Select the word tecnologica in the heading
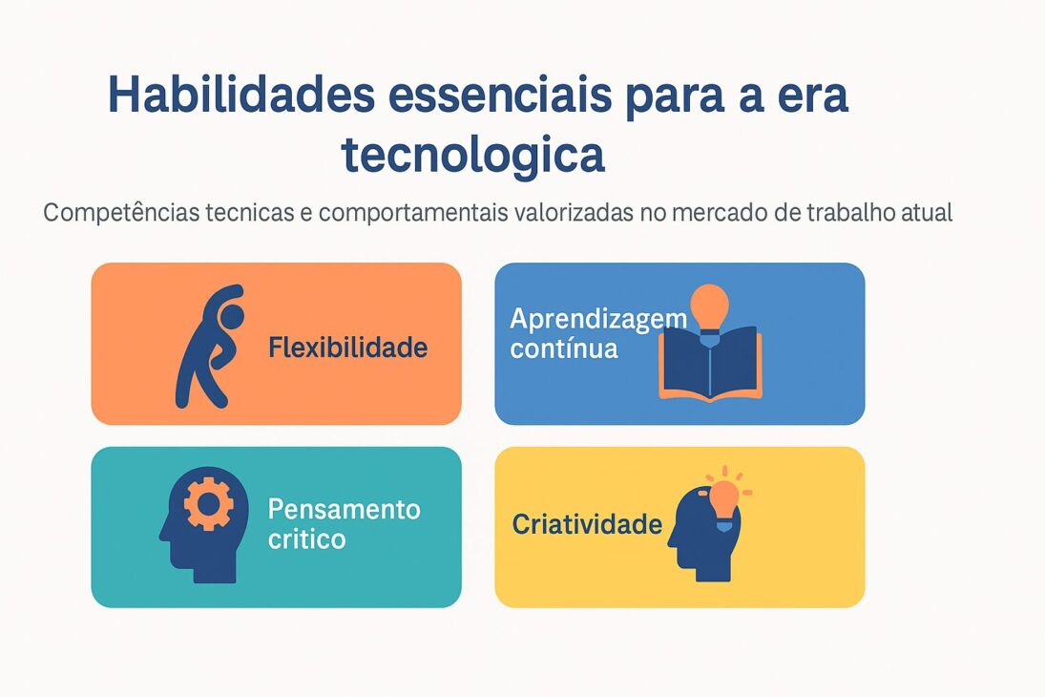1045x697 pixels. coord(473,155)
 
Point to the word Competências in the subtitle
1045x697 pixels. coord(121,213)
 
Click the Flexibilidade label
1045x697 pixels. coord(347,348)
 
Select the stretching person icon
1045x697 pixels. coord(208,345)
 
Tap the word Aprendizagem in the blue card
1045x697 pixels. coord(598,319)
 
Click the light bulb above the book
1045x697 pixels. coord(709,307)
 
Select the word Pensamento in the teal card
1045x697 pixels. coord(344,509)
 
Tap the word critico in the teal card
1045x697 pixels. coord(306,539)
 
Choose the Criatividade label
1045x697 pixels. coord(587,524)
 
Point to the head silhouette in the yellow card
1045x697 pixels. coord(699,539)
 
